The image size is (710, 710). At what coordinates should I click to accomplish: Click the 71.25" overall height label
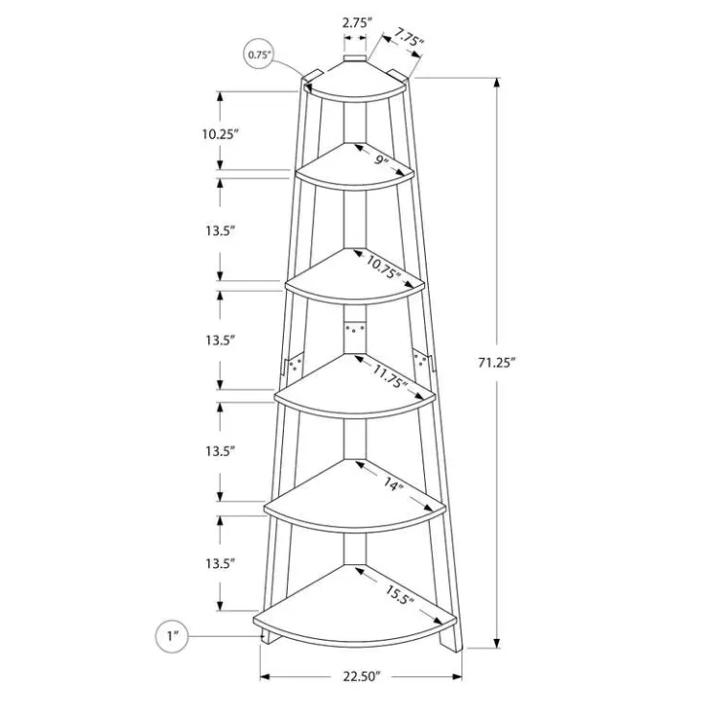click(x=497, y=363)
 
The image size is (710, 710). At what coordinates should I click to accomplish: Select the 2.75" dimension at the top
click(x=357, y=23)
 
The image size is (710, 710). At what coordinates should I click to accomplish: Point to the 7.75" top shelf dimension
click(x=409, y=37)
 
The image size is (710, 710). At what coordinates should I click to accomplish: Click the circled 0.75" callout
click(x=258, y=55)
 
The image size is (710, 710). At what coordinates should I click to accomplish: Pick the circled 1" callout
click(x=172, y=636)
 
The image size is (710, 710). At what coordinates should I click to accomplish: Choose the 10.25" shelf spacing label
click(x=220, y=134)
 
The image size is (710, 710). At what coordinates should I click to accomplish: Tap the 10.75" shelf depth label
click(x=384, y=267)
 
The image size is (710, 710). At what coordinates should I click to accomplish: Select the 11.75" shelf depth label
click(x=390, y=376)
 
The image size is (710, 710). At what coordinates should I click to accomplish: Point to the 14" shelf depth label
click(x=393, y=485)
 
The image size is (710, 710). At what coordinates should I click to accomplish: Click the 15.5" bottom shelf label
click(x=399, y=594)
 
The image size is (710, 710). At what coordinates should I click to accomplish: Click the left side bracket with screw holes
click(x=293, y=365)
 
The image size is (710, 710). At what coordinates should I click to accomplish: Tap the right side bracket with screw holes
click(x=423, y=361)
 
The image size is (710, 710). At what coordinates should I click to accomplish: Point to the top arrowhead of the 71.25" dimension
click(x=497, y=83)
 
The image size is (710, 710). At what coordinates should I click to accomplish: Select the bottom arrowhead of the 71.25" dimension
click(x=497, y=643)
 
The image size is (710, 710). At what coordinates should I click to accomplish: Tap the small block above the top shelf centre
click(x=355, y=59)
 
